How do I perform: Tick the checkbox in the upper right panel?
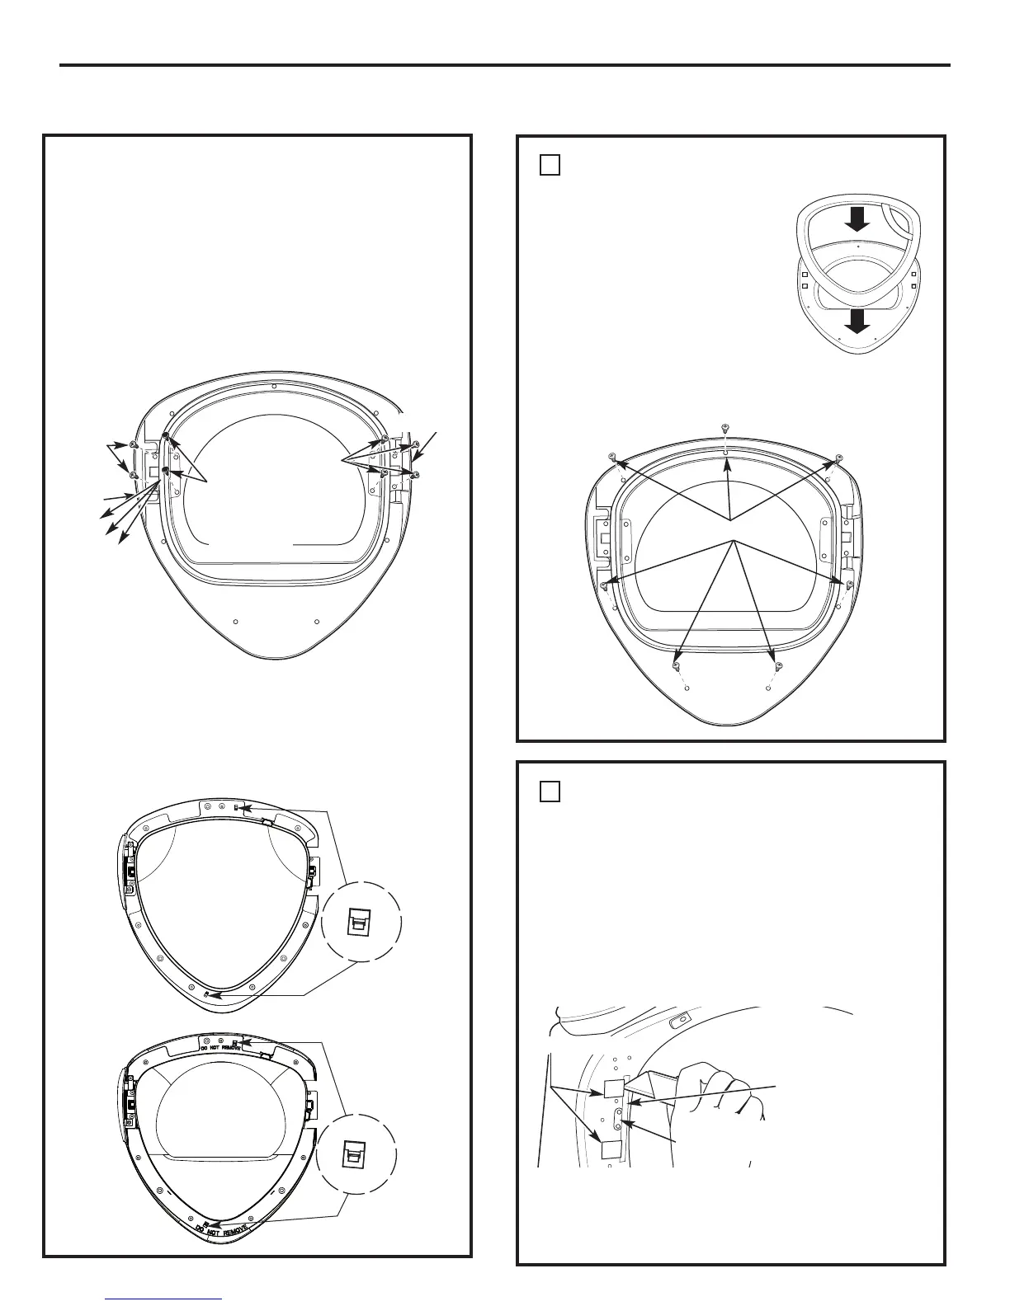pyautogui.click(x=550, y=165)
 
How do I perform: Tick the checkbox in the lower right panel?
pyautogui.click(x=550, y=792)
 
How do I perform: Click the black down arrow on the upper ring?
pyautogui.click(x=857, y=218)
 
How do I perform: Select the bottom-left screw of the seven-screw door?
pyautogui.click(x=677, y=665)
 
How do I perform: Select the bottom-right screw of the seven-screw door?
pyautogui.click(x=778, y=665)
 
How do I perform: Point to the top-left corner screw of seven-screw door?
pyautogui.click(x=612, y=456)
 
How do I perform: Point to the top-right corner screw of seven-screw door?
pyautogui.click(x=838, y=457)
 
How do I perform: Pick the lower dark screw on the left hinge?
pyautogui.click(x=166, y=471)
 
